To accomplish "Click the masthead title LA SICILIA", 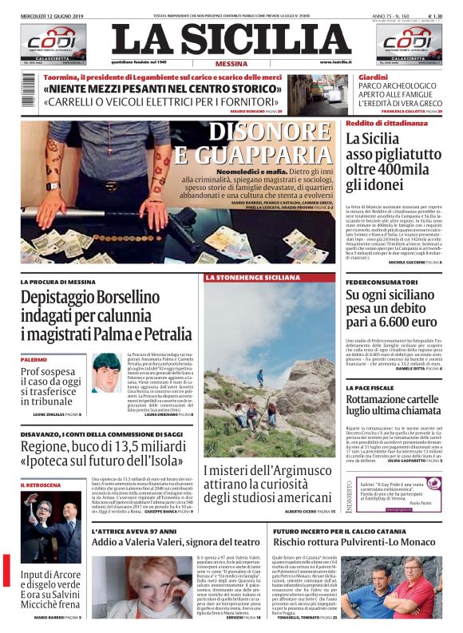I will pyautogui.click(x=231, y=39).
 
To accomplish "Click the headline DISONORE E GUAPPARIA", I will pyautogui.click(x=268, y=144).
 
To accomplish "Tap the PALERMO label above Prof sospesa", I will pyautogui.click(x=34, y=360).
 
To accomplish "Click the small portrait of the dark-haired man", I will pyautogui.click(x=106, y=372).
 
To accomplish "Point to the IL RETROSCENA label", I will pyautogui.click(x=40, y=485).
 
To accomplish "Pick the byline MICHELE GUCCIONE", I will pyautogui.click(x=410, y=262).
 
